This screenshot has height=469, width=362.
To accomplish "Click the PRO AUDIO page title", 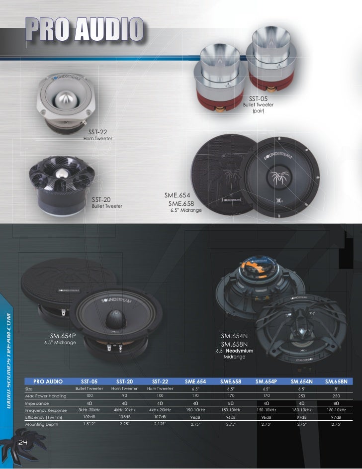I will coord(85,29).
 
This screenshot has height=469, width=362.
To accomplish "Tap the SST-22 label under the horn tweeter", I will coord(98,132).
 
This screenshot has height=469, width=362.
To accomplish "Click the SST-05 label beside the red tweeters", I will coord(258,99).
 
